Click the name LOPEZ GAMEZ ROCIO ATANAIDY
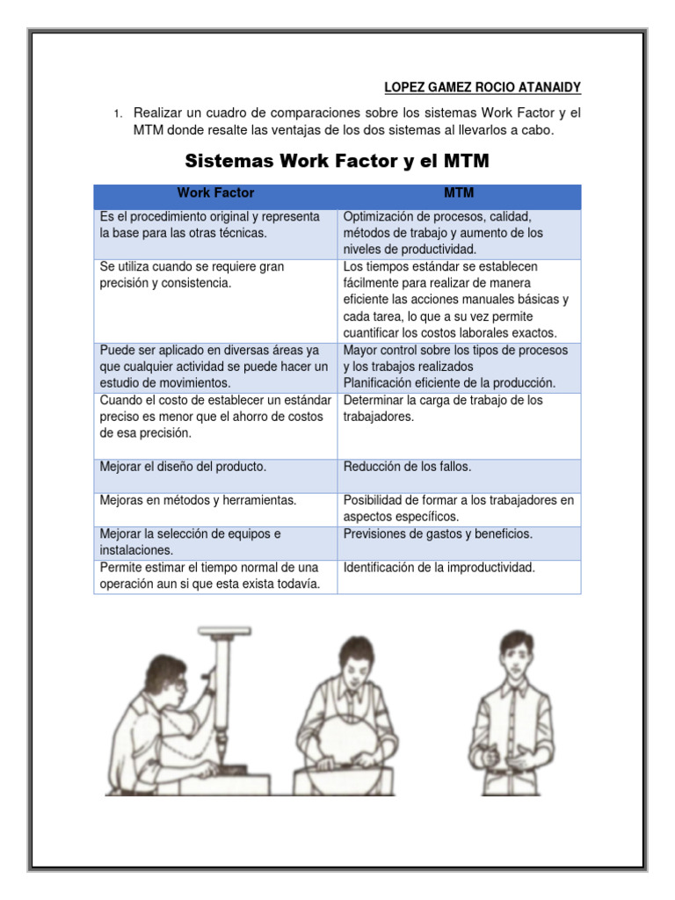coord(483,88)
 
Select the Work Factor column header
coord(215,192)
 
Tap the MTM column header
coord(459,192)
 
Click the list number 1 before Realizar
coord(116,114)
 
